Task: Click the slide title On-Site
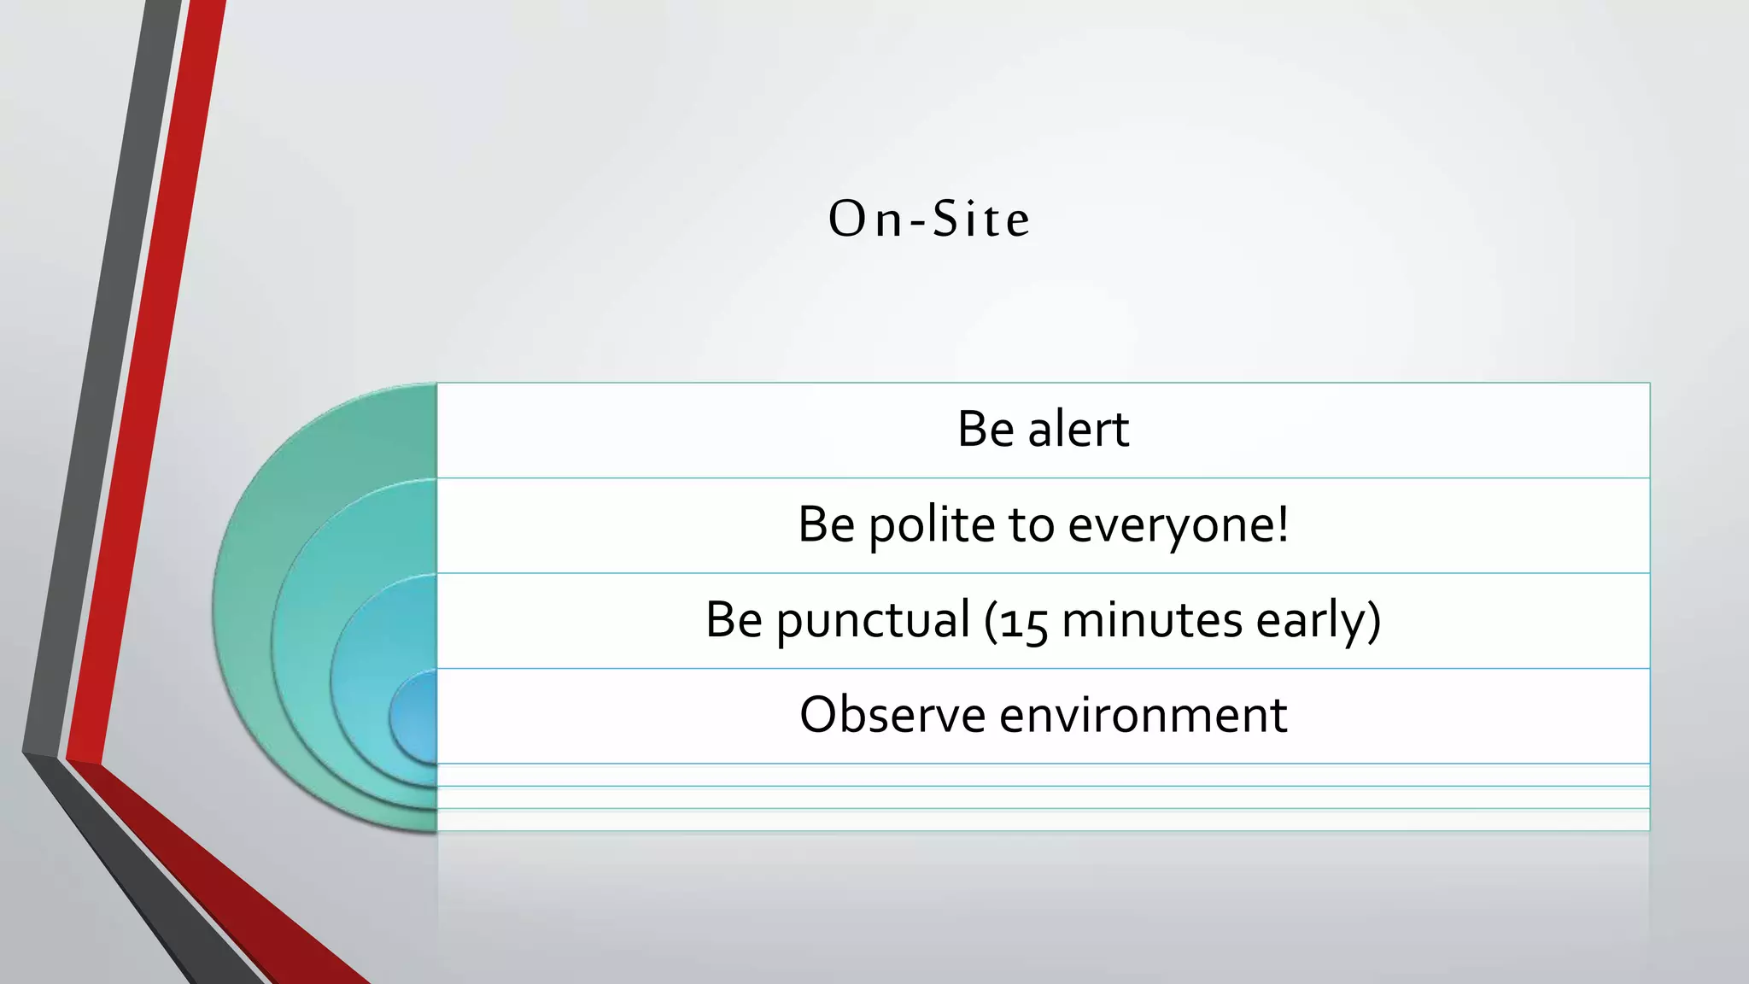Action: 929,219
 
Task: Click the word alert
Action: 1078,429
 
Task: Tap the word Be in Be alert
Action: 985,429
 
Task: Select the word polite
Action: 931,524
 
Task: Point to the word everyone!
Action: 1178,524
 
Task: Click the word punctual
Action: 872,620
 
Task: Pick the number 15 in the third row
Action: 1024,622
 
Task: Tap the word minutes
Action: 1151,620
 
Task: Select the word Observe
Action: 892,715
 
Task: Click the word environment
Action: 1143,715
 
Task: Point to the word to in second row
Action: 1031,524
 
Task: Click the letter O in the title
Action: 847,219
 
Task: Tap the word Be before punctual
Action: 733,620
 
